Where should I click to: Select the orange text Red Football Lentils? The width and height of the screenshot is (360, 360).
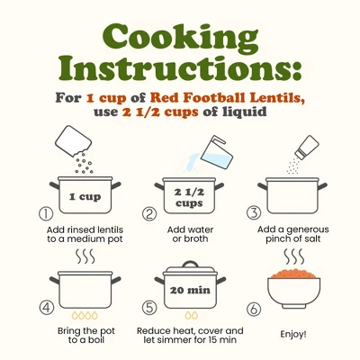[x=228, y=98]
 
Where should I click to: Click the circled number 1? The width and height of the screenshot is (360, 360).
[x=46, y=213]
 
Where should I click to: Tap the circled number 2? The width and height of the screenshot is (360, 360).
[x=149, y=214]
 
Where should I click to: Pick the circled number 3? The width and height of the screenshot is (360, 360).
[x=254, y=213]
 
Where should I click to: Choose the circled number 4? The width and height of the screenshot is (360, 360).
[x=47, y=308]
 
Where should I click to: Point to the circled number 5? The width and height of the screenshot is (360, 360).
[x=149, y=308]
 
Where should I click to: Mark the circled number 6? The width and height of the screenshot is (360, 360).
[x=254, y=309]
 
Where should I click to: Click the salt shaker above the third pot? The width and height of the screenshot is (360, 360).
[x=307, y=147]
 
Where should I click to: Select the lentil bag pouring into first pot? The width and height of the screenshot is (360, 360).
[x=73, y=141]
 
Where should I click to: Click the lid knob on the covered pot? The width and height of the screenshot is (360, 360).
[x=191, y=264]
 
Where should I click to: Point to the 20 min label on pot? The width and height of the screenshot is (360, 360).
[x=190, y=290]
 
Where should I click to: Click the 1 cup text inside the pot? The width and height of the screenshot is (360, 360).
[x=85, y=197]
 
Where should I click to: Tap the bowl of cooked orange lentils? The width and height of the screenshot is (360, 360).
[x=294, y=289]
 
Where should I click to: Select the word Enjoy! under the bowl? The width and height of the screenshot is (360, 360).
[x=293, y=334]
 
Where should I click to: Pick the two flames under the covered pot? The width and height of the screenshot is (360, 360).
[x=192, y=315]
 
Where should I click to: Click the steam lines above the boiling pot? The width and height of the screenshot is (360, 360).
[x=85, y=256]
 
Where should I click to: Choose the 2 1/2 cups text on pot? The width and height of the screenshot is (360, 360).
[x=189, y=198]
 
